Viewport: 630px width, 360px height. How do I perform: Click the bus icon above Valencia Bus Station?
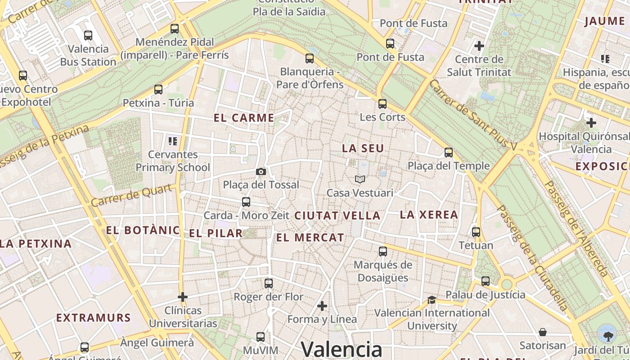88,35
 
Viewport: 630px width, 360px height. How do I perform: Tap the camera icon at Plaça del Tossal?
261,171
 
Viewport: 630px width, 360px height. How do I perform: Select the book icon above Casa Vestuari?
360,180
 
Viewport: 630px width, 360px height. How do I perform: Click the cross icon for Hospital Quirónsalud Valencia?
591,122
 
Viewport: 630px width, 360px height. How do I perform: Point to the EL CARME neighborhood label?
244,118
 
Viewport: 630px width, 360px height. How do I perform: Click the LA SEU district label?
363,148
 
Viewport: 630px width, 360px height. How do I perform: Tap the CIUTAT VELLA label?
337,216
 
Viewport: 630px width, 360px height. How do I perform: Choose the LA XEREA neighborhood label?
429,215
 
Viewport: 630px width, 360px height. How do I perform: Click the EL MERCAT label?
310,238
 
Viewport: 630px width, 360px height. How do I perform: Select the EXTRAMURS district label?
94,318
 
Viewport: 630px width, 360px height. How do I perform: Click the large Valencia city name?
342,349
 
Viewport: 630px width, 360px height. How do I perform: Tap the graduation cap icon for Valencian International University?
432,300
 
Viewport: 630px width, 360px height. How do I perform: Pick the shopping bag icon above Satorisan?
543,333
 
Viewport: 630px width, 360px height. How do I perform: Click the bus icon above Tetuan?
476,232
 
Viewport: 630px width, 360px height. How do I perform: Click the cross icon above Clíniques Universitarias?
182,297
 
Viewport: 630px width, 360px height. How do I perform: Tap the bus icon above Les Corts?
382,104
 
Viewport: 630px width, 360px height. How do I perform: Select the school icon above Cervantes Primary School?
172,141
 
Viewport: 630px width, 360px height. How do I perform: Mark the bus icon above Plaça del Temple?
448,153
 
